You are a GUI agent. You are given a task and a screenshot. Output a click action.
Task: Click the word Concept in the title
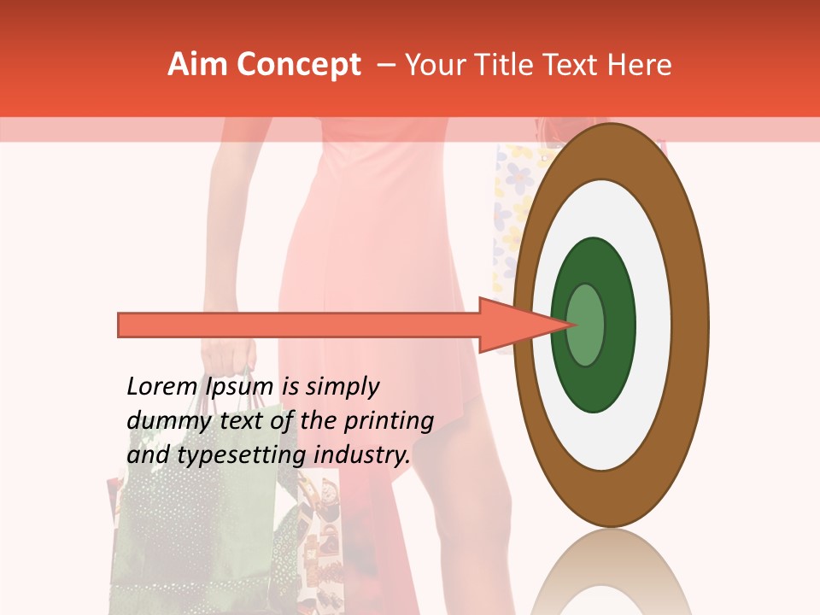pos(299,65)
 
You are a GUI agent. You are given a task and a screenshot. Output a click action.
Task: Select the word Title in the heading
pos(508,65)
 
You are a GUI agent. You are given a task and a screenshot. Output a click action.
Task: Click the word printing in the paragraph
pos(388,421)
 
